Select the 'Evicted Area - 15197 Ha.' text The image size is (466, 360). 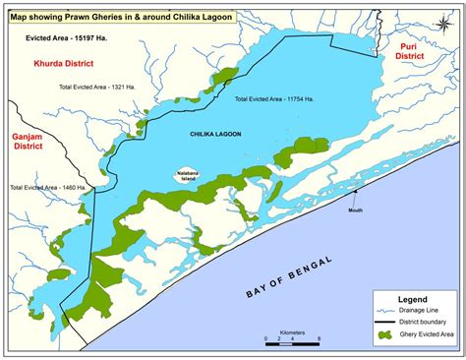(x=67, y=38)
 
